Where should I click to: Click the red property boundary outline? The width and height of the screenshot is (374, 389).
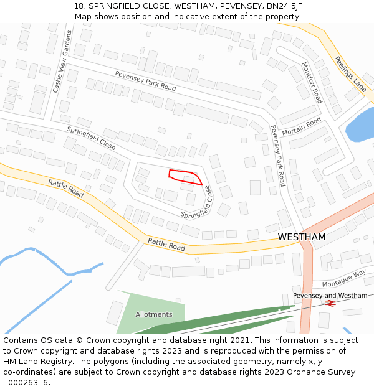point(185,177)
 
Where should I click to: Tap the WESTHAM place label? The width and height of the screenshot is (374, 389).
point(302,237)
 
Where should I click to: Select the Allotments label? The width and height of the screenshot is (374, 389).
point(153,314)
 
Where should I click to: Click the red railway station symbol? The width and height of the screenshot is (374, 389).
point(330,303)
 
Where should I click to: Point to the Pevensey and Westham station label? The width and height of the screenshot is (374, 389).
point(330,295)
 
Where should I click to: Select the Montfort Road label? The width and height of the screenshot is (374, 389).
point(312,82)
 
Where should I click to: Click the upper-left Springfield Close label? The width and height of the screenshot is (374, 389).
point(91,139)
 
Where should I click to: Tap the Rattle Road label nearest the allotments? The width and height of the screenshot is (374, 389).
point(166,243)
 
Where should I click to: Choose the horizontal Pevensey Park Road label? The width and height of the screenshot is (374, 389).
point(145,81)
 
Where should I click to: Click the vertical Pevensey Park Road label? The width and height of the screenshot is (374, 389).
point(277,156)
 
